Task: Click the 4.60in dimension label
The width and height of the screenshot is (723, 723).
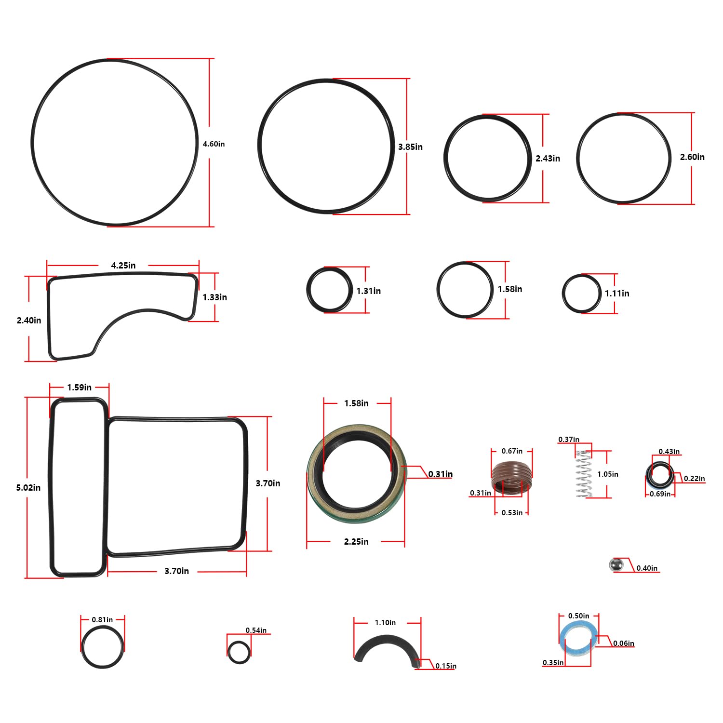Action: click(214, 144)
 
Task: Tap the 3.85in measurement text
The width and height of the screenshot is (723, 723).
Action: click(410, 147)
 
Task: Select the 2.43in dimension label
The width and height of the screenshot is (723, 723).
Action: click(548, 159)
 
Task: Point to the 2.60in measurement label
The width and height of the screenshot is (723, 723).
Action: click(692, 157)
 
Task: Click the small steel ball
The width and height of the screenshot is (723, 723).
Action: click(616, 565)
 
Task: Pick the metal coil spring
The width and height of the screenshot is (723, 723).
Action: click(584, 474)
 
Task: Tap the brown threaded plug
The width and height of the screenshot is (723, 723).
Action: click(511, 477)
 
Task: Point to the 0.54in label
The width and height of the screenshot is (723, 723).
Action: click(256, 630)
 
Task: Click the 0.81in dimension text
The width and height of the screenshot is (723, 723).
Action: click(102, 619)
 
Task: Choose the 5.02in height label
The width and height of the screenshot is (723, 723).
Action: click(28, 487)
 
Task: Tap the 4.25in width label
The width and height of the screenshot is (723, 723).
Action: click(123, 266)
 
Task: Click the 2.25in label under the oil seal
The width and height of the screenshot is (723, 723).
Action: click(356, 542)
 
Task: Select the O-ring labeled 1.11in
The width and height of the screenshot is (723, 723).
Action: click(581, 293)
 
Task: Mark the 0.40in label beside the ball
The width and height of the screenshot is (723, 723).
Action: click(647, 568)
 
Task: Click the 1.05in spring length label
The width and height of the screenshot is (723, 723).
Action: click(608, 474)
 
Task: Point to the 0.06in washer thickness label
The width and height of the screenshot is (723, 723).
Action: click(624, 643)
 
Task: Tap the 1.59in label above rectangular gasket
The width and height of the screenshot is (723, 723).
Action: click(80, 388)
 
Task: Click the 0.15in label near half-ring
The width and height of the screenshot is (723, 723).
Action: click(446, 666)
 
